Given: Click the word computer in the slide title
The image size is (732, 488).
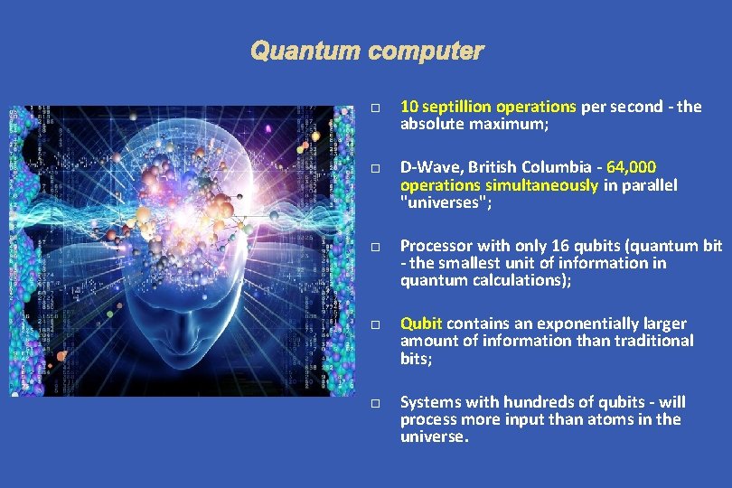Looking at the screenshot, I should click(425, 52).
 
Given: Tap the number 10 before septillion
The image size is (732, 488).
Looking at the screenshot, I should click(408, 107).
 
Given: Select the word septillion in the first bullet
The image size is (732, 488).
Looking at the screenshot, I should click(454, 107).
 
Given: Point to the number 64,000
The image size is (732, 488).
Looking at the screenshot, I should click(632, 167).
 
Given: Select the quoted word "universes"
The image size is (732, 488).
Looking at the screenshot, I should click(439, 202).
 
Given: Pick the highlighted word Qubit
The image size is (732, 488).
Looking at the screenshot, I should click(421, 324).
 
